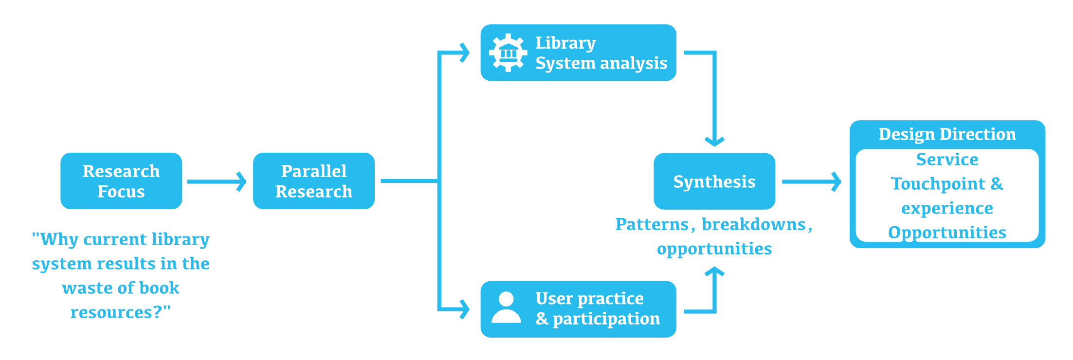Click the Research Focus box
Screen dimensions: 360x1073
click(121, 181)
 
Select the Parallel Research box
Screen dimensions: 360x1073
click(313, 181)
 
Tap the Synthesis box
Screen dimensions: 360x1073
click(714, 181)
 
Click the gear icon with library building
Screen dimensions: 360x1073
click(508, 53)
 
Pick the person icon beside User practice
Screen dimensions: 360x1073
click(506, 307)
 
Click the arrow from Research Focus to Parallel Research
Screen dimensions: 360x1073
click(217, 181)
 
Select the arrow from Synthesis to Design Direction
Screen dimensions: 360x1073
click(811, 181)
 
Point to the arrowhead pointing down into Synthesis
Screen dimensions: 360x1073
click(714, 141)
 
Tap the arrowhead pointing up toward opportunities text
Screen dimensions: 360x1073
click(714, 271)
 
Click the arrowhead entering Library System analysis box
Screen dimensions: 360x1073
click(465, 53)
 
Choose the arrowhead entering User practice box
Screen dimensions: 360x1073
click(465, 309)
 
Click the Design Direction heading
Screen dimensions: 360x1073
click(947, 134)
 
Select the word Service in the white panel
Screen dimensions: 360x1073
click(947, 160)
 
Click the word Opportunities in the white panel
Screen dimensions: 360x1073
click(947, 233)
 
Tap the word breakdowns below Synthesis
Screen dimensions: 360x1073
click(754, 224)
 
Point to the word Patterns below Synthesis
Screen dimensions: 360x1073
click(652, 224)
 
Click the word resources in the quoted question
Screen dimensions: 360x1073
click(112, 312)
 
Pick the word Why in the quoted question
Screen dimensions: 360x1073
click(59, 239)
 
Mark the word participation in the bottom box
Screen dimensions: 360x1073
click(606, 319)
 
